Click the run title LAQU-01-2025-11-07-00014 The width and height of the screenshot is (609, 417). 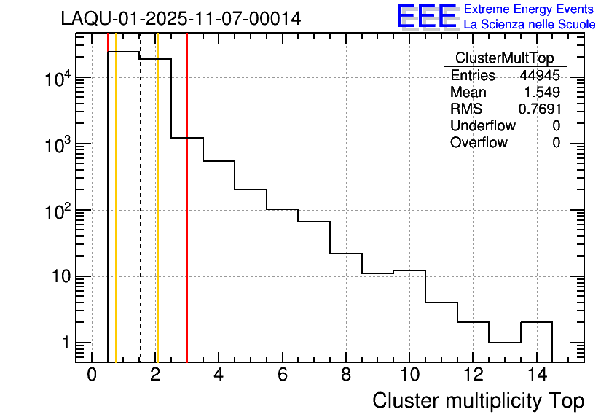point(181,19)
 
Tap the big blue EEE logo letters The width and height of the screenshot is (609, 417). point(427,16)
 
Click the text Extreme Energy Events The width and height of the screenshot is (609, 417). point(530,9)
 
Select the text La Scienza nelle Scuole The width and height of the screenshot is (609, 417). point(530,25)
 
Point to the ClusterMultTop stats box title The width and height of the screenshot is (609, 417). point(504,58)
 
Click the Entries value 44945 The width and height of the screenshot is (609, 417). point(540,76)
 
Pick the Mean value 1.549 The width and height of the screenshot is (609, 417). point(542,93)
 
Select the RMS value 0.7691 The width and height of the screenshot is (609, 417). point(540,109)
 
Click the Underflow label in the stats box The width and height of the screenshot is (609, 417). point(482,125)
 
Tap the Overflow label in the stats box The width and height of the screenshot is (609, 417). point(479,142)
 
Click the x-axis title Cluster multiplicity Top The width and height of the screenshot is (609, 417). point(478,400)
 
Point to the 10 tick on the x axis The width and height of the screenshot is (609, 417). point(409,375)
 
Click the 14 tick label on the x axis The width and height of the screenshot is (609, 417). point(536,375)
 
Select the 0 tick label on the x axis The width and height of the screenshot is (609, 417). point(92,375)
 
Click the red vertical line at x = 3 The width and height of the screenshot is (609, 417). point(187,219)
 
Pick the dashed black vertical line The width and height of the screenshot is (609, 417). point(140,219)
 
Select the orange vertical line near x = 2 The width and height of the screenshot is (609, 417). point(157,219)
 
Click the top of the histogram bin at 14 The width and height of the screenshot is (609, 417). point(536,322)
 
